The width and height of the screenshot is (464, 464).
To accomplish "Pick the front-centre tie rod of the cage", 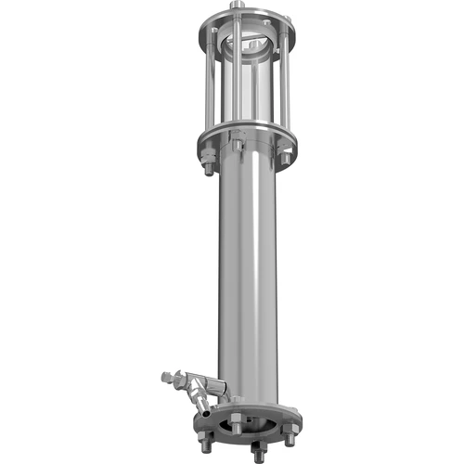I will (238, 88).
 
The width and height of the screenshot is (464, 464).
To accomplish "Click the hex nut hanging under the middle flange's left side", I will (209, 165).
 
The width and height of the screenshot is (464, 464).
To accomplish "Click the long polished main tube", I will (248, 278).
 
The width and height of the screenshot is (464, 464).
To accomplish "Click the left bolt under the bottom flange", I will (202, 430).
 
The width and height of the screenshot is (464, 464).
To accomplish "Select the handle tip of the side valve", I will (166, 377).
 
